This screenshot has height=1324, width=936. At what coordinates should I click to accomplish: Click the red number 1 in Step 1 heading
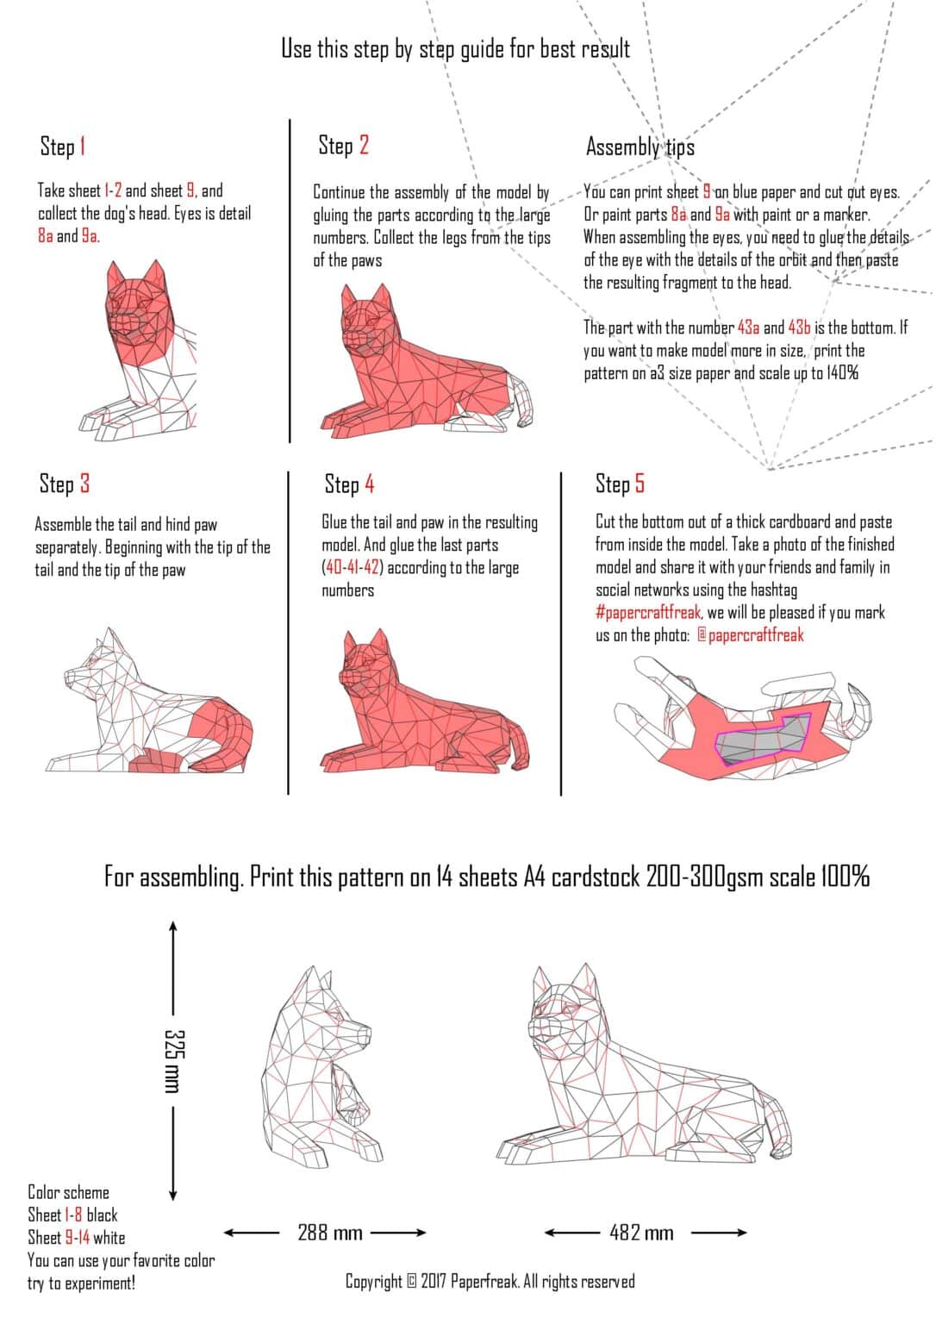click(83, 147)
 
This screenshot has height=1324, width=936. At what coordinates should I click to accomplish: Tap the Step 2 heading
click(343, 146)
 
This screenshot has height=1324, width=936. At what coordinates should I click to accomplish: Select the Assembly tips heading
click(640, 147)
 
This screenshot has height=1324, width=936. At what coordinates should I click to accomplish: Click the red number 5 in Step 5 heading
click(640, 484)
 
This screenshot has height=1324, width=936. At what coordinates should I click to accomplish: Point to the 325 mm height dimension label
click(172, 1060)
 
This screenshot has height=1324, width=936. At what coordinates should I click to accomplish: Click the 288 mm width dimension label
click(329, 1233)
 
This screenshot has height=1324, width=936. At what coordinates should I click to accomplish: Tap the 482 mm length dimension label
click(640, 1233)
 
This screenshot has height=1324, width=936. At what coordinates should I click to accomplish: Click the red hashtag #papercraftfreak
click(648, 613)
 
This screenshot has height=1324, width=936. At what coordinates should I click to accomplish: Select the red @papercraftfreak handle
click(750, 635)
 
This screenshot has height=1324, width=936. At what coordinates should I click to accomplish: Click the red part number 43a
click(748, 328)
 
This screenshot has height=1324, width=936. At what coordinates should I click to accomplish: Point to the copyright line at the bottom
click(490, 1281)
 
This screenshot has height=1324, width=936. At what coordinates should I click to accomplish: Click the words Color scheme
click(69, 1192)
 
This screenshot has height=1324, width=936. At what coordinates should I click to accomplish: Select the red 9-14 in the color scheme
click(77, 1238)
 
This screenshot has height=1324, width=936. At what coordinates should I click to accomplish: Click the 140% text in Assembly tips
click(842, 373)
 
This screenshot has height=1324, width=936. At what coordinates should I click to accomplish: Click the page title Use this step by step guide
click(455, 49)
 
